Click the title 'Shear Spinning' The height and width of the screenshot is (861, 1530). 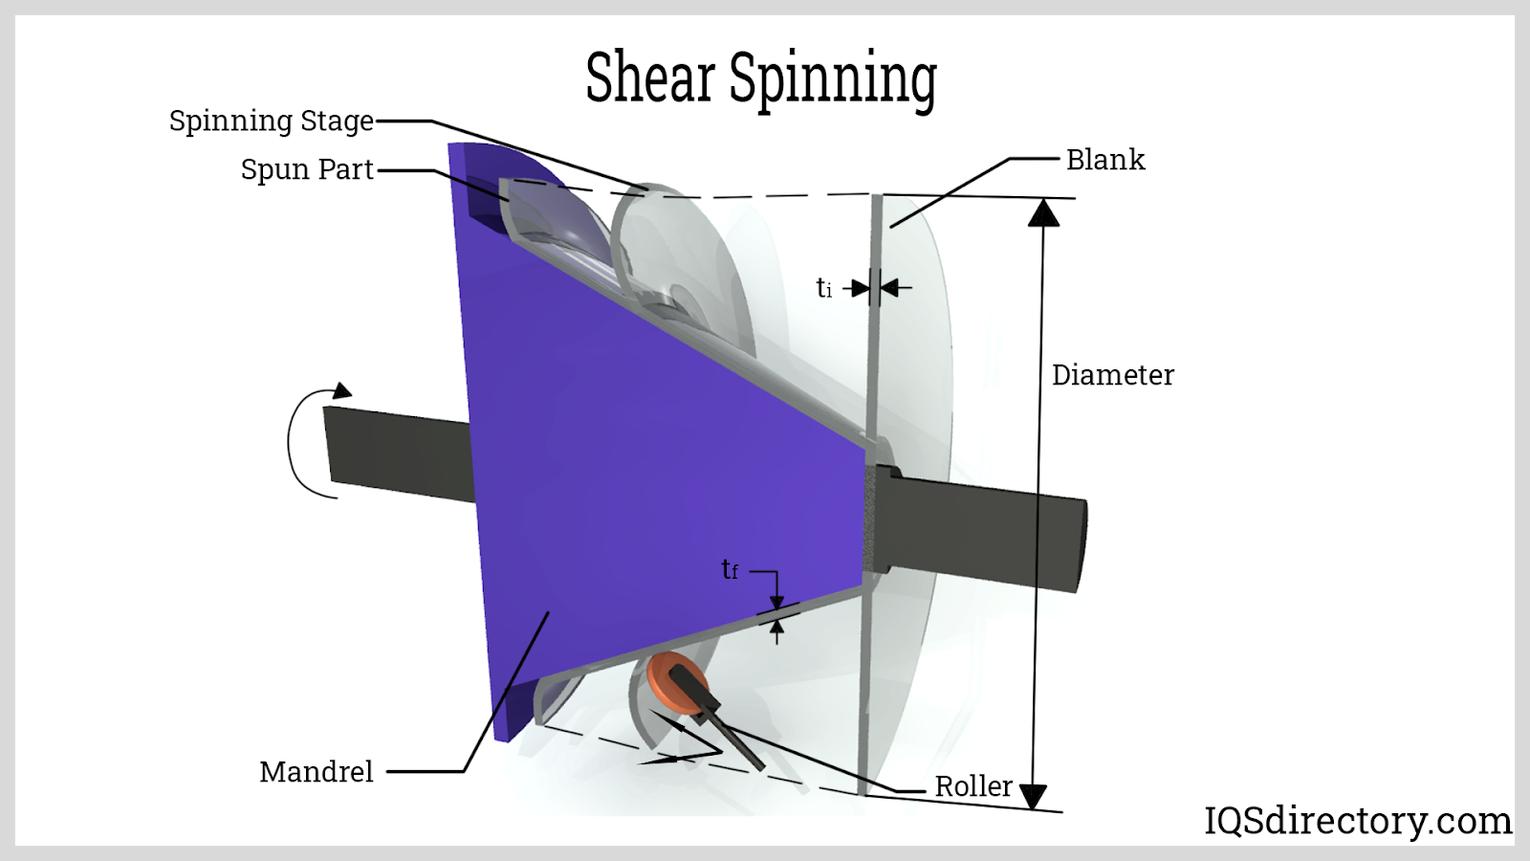760,78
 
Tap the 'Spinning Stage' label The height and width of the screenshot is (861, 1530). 271,121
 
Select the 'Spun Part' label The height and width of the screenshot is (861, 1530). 306,169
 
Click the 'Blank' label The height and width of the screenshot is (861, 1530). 1104,160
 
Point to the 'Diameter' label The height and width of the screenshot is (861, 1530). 1112,375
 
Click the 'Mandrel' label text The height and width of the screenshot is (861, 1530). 316,771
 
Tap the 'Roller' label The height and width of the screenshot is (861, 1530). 973,785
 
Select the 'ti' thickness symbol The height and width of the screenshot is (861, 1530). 823,287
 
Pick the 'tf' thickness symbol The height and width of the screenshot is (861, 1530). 730,570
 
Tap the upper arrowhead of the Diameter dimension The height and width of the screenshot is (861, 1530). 1043,212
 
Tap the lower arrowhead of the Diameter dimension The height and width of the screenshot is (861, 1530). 1034,796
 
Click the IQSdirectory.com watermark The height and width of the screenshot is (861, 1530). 1357,820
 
